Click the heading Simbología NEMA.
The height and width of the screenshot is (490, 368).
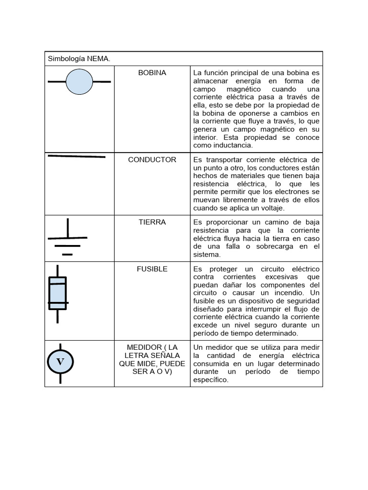(x=79, y=59)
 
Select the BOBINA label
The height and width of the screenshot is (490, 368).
(x=152, y=73)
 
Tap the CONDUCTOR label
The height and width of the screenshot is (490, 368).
(x=152, y=160)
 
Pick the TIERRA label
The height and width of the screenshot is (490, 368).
(x=152, y=223)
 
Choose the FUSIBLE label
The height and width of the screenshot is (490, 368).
(x=152, y=269)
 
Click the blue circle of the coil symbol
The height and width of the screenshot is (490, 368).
(x=79, y=81)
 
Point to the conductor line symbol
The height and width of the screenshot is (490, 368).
(x=77, y=156)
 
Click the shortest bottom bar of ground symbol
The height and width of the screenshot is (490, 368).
(x=68, y=255)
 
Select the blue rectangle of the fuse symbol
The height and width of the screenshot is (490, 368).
(x=58, y=293)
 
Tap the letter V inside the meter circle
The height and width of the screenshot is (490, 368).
(x=60, y=362)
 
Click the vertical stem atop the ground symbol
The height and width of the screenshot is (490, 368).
(x=68, y=228)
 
